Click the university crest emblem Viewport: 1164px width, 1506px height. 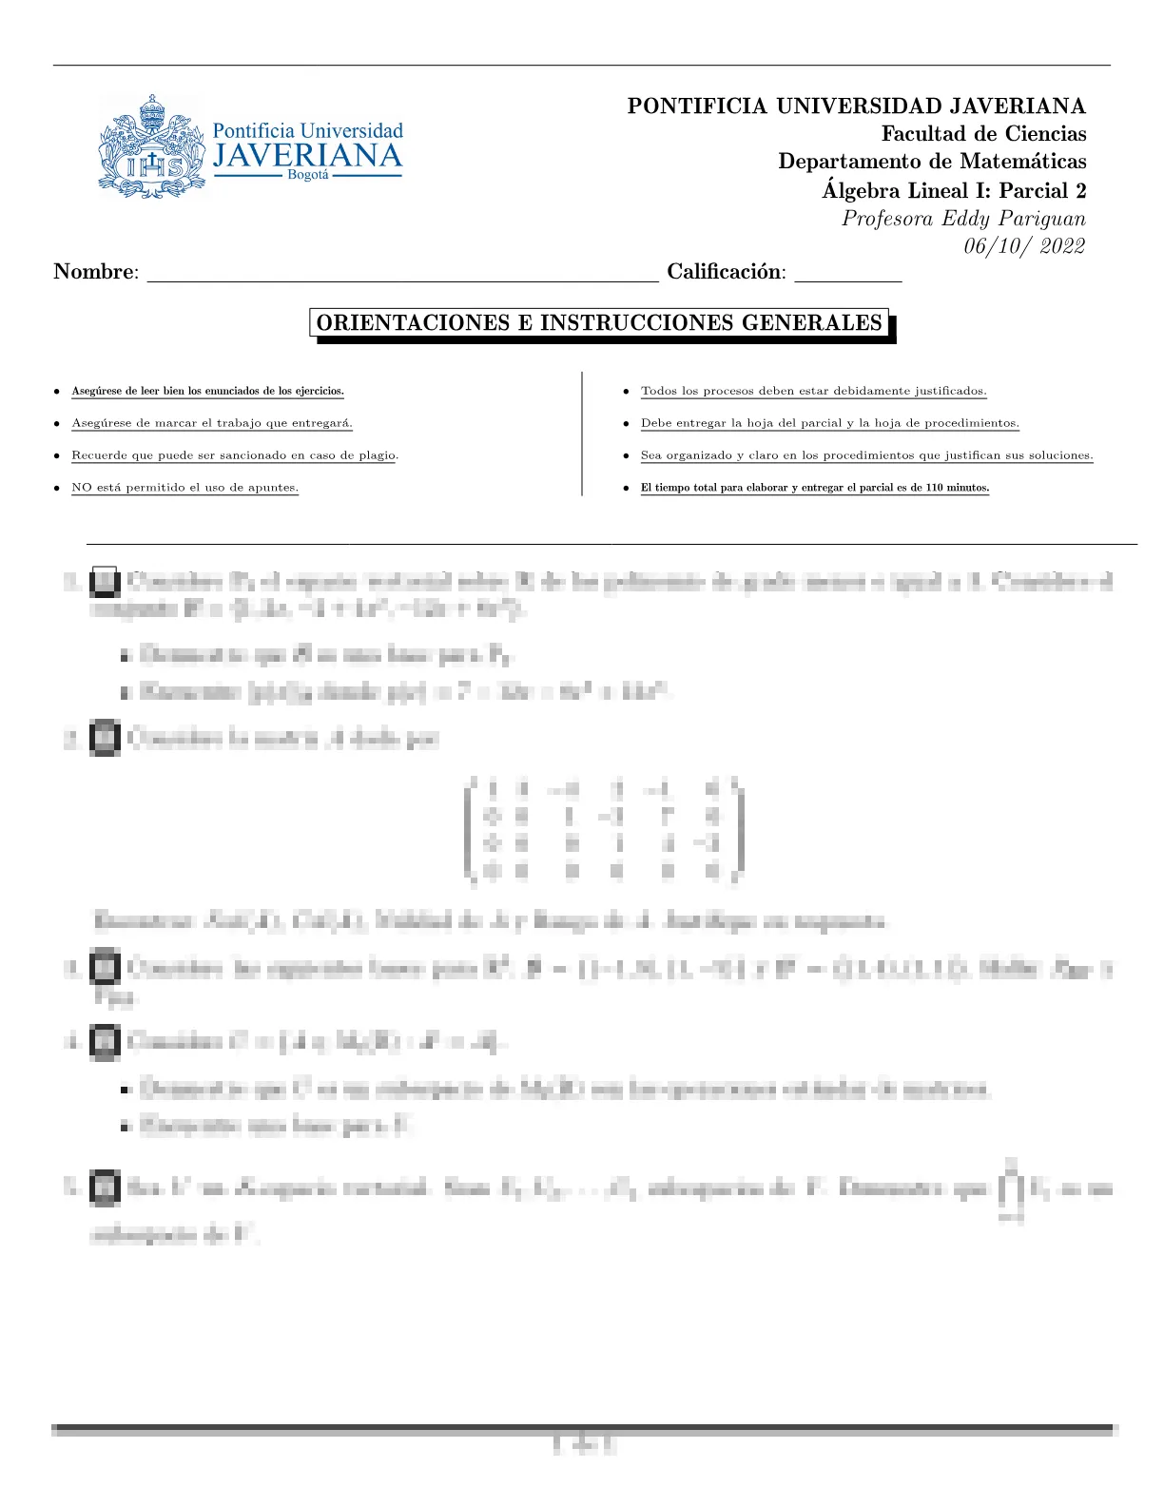click(151, 147)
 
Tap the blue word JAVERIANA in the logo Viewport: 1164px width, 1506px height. click(307, 157)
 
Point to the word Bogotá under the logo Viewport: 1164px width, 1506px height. click(308, 176)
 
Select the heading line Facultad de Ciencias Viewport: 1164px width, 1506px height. click(983, 134)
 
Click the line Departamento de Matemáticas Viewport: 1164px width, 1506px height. click(932, 162)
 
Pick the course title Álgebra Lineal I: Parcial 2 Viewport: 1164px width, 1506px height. click(954, 190)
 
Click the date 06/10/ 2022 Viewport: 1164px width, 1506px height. click(1024, 246)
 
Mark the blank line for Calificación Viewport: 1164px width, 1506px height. click(847, 278)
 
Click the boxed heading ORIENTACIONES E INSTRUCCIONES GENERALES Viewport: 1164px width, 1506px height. click(599, 323)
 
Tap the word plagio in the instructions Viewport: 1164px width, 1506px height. click(375, 455)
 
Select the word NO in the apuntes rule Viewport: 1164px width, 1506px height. click(82, 488)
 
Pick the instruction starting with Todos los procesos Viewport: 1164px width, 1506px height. click(813, 391)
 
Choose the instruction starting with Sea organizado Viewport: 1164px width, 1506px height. click(866, 455)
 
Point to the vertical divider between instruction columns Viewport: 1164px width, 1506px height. click(582, 434)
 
